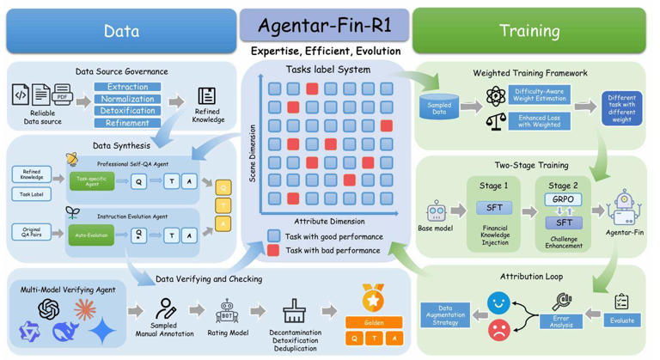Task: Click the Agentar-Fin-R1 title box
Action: pyautogui.click(x=325, y=23)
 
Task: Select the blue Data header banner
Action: pyautogui.click(x=121, y=31)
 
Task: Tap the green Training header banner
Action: pyautogui.click(x=529, y=31)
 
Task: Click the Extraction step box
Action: pyautogui.click(x=127, y=88)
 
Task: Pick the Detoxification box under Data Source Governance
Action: pyautogui.click(x=127, y=112)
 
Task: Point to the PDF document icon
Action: pyautogui.click(x=63, y=95)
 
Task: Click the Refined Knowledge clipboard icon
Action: pyautogui.click(x=206, y=95)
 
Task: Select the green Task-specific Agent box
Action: pyautogui.click(x=91, y=181)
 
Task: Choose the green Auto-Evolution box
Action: pyautogui.click(x=91, y=235)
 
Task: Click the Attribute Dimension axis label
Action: pyautogui.click(x=331, y=221)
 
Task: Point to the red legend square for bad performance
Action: pyautogui.click(x=273, y=251)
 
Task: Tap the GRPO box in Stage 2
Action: pyautogui.click(x=563, y=199)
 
